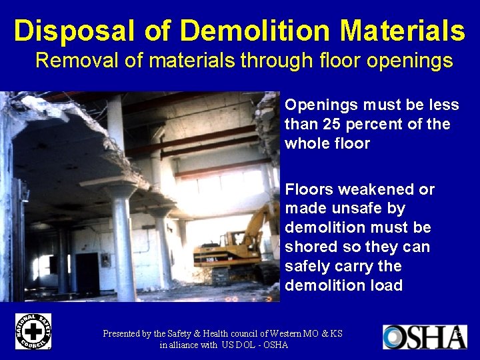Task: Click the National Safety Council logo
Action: coord(33,331)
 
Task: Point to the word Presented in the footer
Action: coord(125,333)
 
